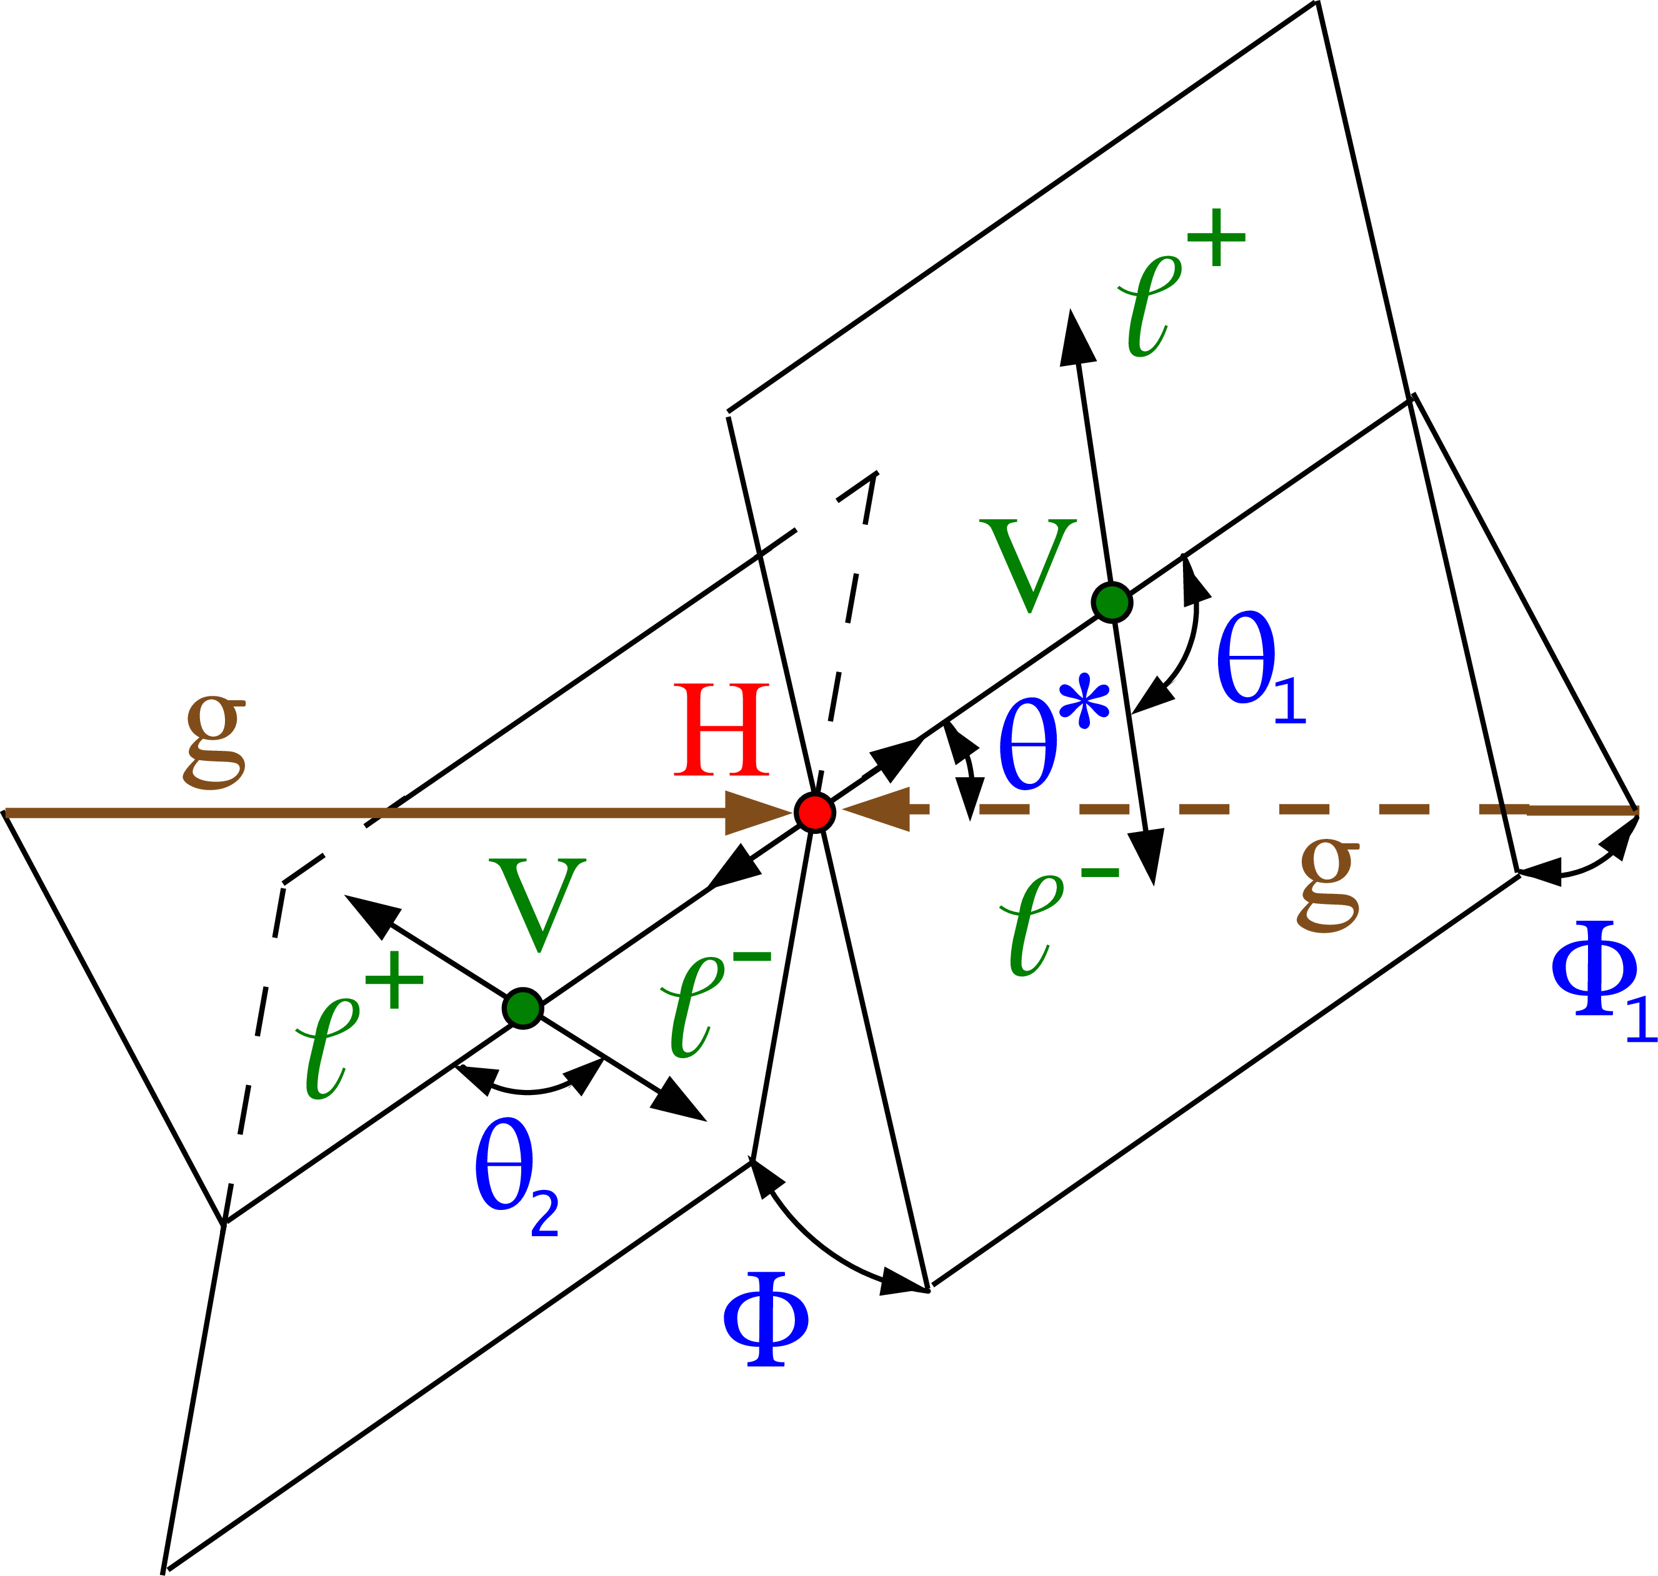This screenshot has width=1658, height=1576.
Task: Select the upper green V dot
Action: point(1112,602)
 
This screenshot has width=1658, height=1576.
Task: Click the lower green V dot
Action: point(522,1008)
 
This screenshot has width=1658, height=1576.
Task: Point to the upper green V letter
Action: point(1028,565)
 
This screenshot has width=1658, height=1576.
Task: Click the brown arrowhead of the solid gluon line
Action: point(759,813)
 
